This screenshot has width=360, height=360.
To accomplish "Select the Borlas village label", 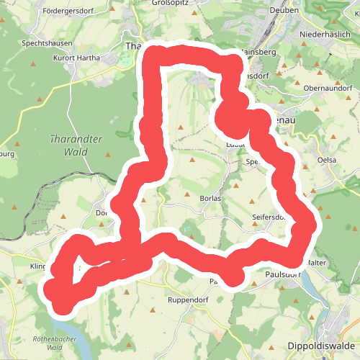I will [210, 197].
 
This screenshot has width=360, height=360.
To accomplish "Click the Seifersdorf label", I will [269, 216].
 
